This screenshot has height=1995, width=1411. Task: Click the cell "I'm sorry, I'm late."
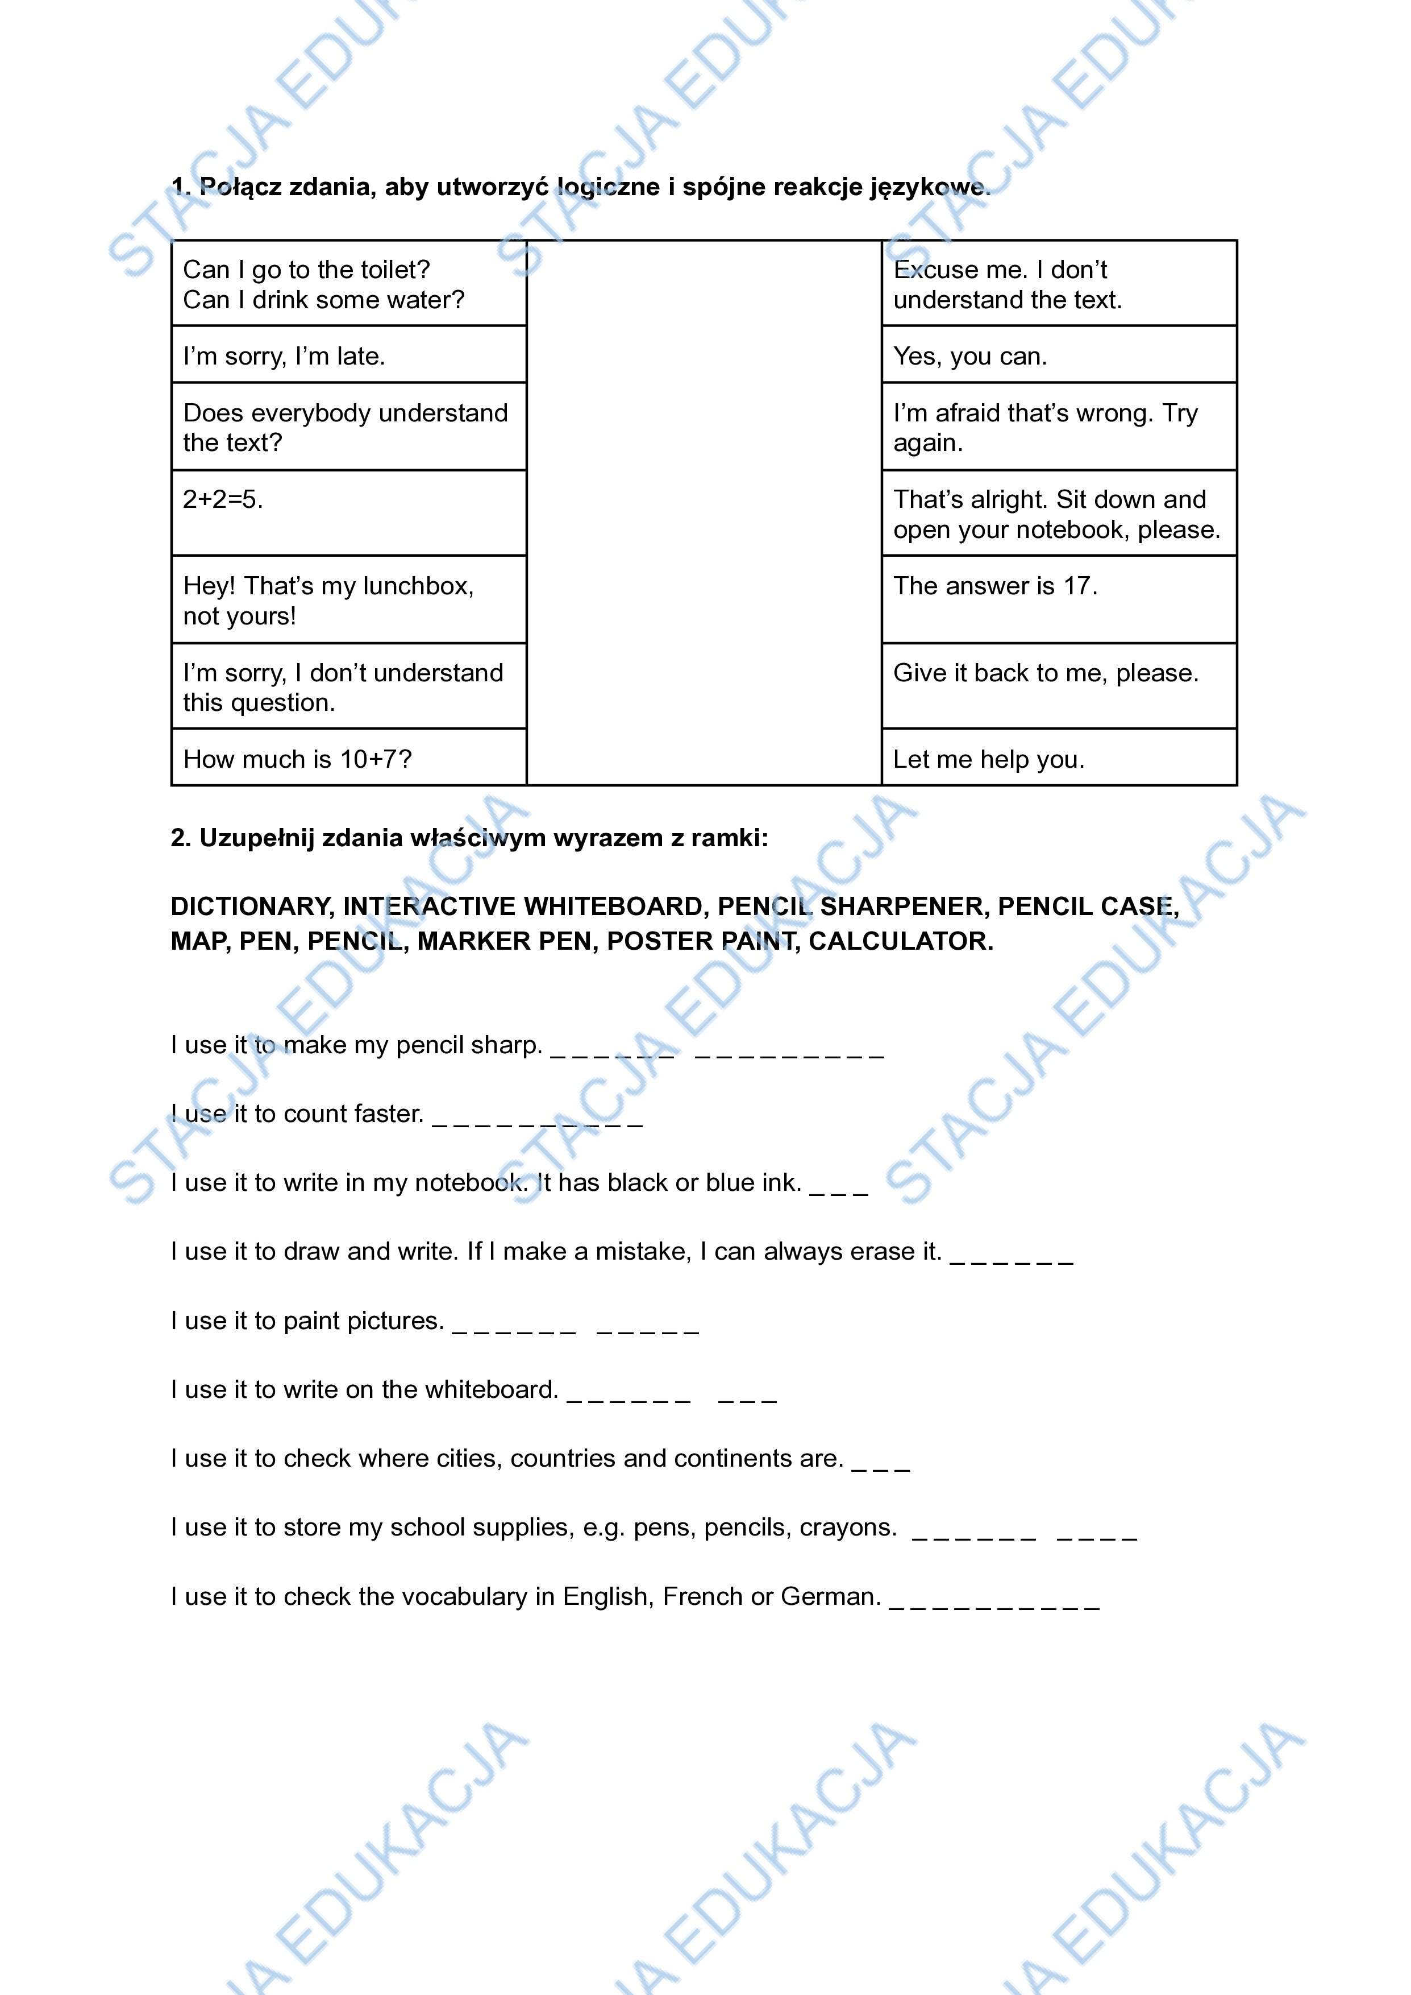[348, 355]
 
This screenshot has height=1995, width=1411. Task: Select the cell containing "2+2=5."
[348, 513]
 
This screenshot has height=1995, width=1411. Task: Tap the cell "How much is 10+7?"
[348, 758]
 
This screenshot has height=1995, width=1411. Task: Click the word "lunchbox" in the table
[417, 586]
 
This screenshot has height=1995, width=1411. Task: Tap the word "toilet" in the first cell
[393, 270]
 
